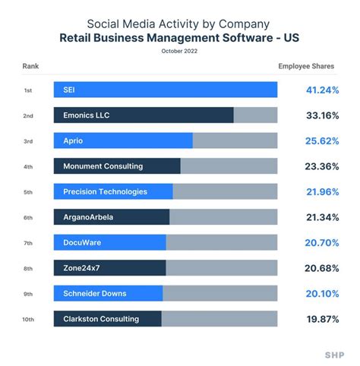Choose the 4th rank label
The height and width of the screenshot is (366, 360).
(x=27, y=166)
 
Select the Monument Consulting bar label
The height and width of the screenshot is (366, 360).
(x=103, y=166)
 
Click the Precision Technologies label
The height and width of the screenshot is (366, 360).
(x=105, y=191)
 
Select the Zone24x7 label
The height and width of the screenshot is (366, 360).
(x=81, y=268)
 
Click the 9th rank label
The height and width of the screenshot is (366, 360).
(x=27, y=294)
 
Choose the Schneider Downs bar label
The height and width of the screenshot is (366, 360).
(x=94, y=293)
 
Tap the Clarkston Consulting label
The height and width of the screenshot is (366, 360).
(x=100, y=319)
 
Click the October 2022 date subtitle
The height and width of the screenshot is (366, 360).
(x=179, y=51)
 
